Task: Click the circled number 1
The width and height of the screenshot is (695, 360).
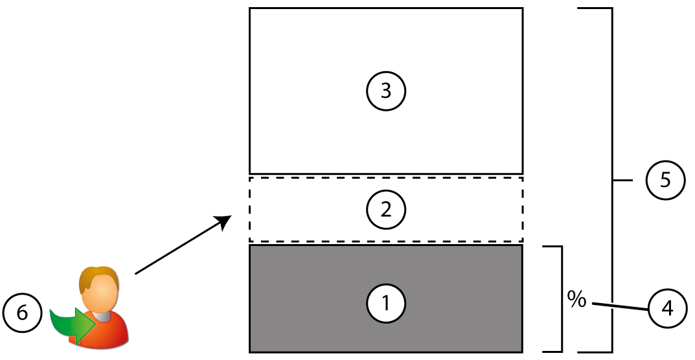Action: [386, 302]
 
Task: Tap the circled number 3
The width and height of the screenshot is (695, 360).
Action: [386, 91]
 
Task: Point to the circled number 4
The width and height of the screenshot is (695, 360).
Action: [666, 310]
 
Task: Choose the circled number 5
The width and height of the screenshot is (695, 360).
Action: [666, 181]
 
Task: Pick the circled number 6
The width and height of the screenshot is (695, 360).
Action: [22, 313]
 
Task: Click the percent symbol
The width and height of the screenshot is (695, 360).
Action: [576, 299]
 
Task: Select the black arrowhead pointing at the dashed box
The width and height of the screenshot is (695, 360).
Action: [225, 221]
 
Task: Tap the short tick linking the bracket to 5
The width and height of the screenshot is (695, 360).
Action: [622, 181]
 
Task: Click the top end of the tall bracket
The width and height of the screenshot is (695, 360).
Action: [596, 8]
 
